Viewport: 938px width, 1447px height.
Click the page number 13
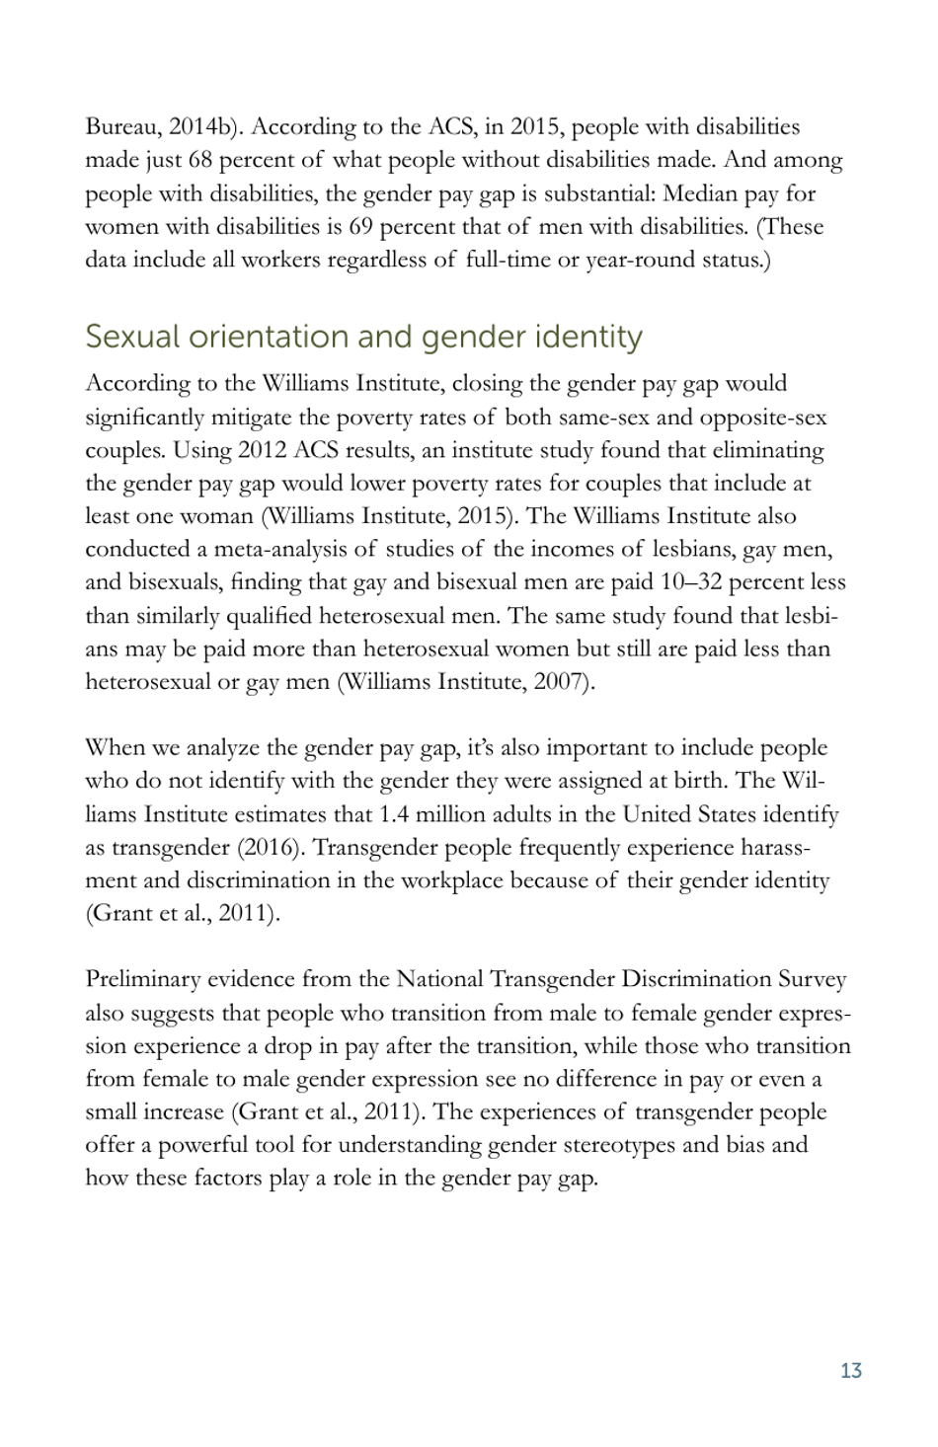click(x=850, y=1370)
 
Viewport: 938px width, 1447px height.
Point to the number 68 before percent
click(x=200, y=161)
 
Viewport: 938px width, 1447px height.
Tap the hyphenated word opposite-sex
click(x=762, y=418)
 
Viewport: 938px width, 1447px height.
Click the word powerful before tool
click(x=205, y=1146)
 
